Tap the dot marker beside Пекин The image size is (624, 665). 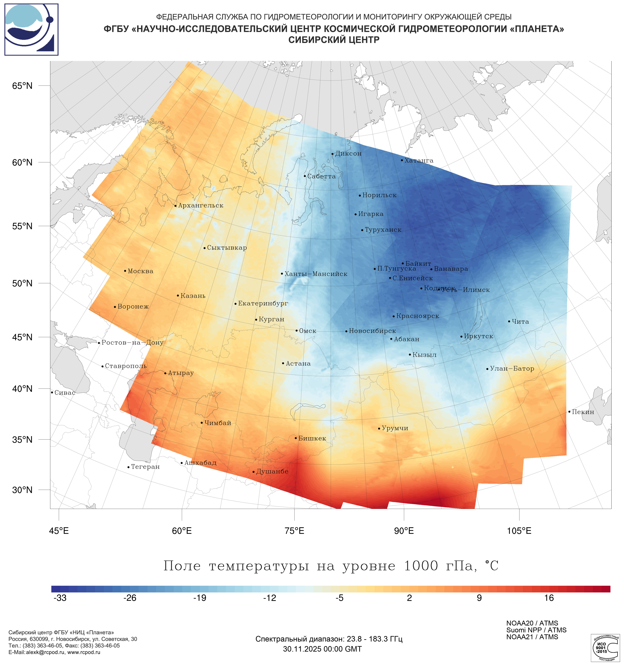point(569,412)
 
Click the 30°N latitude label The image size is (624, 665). point(22,490)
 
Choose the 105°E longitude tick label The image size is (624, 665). point(519,531)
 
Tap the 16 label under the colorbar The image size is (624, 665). point(549,598)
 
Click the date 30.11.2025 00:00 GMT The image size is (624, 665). point(322,649)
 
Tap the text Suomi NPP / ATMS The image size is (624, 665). point(536,630)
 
